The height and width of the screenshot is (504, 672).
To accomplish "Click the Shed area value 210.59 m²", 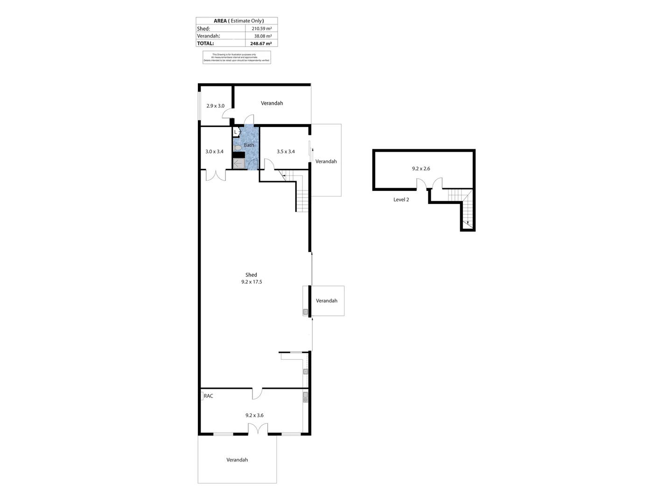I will (x=261, y=28).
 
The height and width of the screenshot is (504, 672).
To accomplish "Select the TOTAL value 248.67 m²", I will (x=261, y=43).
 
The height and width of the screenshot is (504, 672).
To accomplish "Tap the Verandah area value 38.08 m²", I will (x=263, y=36).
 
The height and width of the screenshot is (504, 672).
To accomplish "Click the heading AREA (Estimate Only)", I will (x=238, y=21).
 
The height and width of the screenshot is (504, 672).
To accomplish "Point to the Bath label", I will (x=249, y=145).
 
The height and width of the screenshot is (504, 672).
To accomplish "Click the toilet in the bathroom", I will (x=238, y=148).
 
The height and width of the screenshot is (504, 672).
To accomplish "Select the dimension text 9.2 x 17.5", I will (x=252, y=282).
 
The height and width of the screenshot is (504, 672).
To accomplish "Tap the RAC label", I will (x=208, y=396).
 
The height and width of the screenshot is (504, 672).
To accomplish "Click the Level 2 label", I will (x=401, y=200).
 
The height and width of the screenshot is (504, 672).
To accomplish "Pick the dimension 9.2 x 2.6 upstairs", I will (x=421, y=169).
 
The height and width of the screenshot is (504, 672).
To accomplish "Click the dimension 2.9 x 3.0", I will (x=215, y=106).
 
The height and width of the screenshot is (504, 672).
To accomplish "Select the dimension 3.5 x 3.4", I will (x=286, y=152).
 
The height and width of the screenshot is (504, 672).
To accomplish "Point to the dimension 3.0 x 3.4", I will (x=214, y=152).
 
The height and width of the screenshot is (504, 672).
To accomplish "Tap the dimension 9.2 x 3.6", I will (x=254, y=415).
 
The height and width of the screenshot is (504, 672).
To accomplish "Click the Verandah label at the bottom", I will (x=237, y=460).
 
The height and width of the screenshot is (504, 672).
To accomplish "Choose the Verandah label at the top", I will (x=272, y=103).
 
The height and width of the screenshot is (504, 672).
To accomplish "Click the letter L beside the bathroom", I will (x=235, y=132).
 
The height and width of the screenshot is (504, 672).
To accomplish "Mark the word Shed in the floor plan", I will (x=251, y=275).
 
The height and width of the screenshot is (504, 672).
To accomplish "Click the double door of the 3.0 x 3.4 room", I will (x=216, y=175).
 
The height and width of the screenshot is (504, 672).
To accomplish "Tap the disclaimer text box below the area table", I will (x=237, y=57).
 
